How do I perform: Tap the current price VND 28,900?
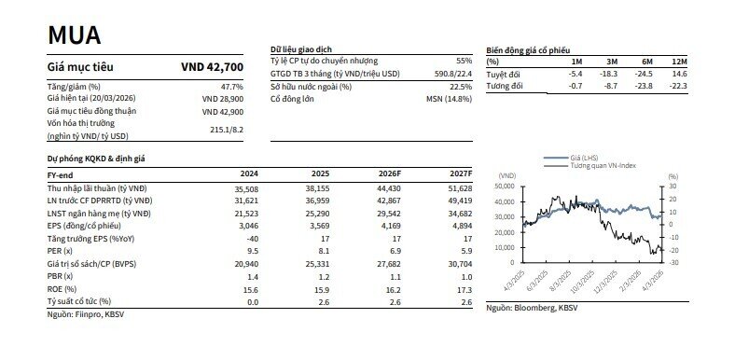click(x=223, y=98)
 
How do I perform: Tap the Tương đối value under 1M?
click(x=576, y=86)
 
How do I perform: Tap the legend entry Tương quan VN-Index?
click(x=603, y=169)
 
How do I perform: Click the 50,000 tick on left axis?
click(x=508, y=186)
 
